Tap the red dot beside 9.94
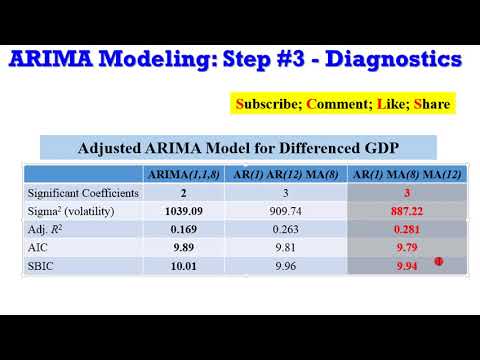437,262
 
